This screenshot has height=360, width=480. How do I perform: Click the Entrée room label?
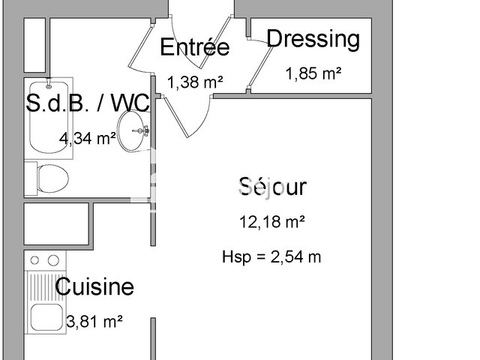[195, 47]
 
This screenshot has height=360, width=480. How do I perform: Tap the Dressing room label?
[313, 38]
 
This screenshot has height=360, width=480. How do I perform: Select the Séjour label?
[272, 186]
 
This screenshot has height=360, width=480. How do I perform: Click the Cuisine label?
[95, 286]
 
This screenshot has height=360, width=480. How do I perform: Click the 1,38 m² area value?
[195, 82]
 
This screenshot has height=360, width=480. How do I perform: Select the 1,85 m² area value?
[313, 73]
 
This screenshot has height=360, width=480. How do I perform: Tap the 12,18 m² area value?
[272, 222]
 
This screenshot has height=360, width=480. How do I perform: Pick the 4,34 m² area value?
[88, 137]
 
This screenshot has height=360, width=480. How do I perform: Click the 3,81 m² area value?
[95, 322]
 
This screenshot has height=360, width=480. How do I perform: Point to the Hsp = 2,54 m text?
[272, 256]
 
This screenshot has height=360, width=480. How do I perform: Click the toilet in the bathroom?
[52, 178]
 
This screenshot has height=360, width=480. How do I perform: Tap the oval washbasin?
[133, 132]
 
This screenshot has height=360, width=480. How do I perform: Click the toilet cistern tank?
[31, 178]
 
